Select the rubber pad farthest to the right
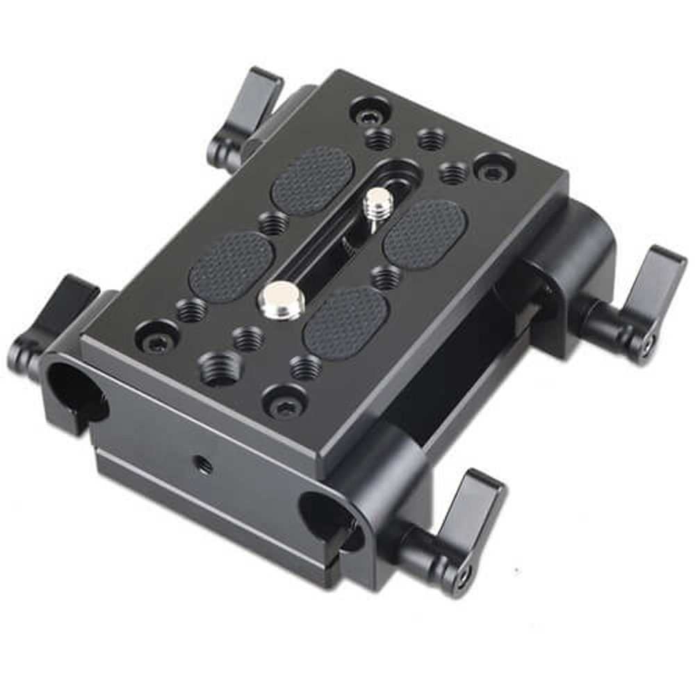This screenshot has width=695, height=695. coord(425,234)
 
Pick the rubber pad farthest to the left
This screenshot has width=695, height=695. coord(231,266)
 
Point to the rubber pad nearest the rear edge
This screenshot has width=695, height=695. coord(313,180)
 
